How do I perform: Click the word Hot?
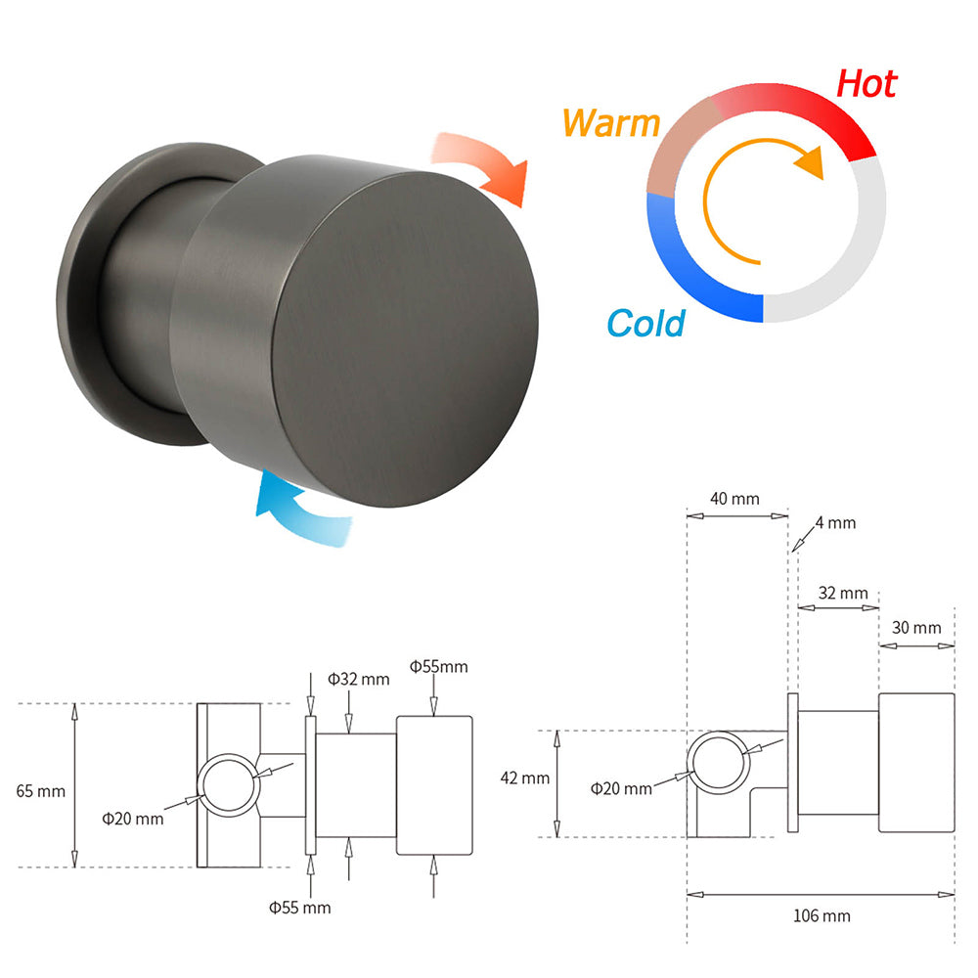(x=866, y=84)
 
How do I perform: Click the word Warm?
(x=611, y=124)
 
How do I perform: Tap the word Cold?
(x=645, y=322)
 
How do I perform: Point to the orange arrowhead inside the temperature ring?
(x=808, y=162)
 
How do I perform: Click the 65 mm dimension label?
(x=38, y=790)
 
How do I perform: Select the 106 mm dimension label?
(x=822, y=916)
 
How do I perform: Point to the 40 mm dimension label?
(x=733, y=499)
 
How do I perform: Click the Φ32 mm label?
(x=358, y=679)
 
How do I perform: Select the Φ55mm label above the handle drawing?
(x=438, y=667)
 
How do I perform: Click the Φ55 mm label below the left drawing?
(x=300, y=908)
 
